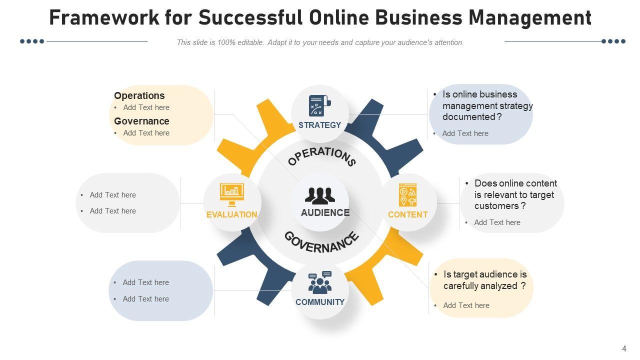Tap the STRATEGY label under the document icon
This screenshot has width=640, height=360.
319,125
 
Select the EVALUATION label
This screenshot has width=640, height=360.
232,214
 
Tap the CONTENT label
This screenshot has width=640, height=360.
408,214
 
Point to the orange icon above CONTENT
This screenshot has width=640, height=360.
408,194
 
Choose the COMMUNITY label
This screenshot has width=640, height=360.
320,302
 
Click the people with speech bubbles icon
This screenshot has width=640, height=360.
320,282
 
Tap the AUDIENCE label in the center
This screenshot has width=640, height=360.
325,212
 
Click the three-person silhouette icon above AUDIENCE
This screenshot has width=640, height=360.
320,195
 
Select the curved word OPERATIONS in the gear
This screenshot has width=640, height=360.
322,155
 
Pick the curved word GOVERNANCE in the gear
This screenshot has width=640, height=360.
322,242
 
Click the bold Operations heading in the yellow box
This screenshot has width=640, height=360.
139,95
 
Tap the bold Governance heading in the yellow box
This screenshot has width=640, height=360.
141,121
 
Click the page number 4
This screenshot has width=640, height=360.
624,349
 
